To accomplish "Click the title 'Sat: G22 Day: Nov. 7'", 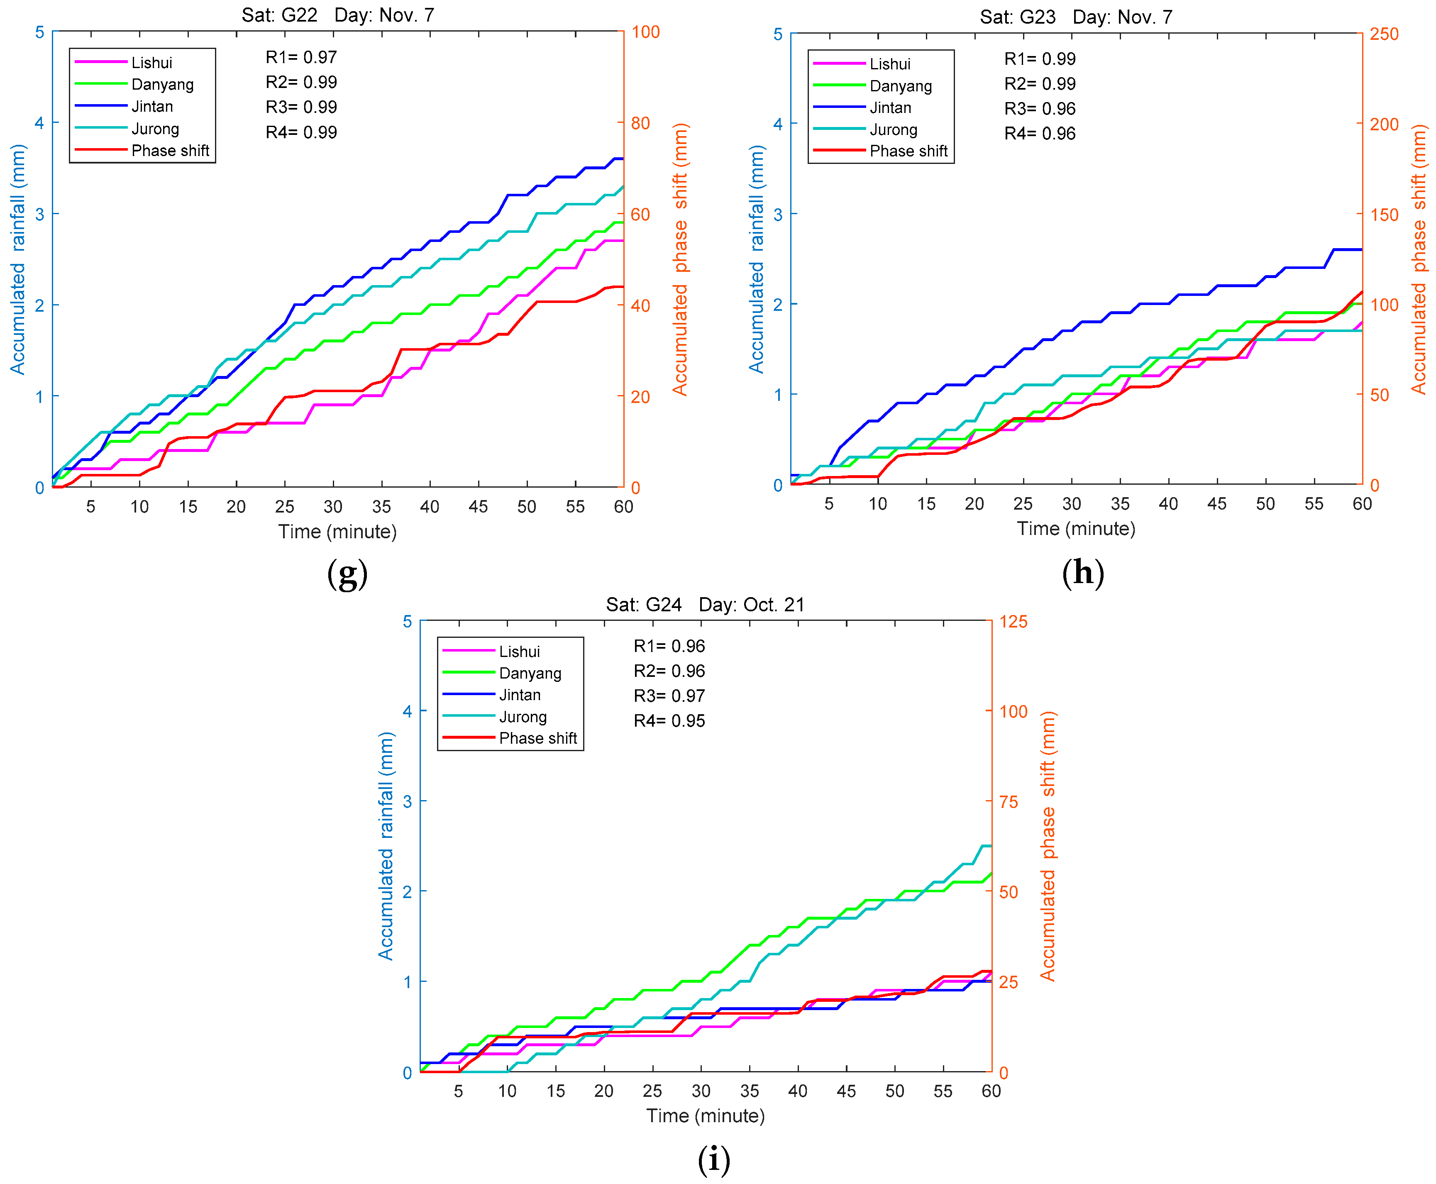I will [x=338, y=15].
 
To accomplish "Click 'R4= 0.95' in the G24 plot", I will [x=669, y=721].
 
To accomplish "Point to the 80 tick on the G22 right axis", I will [x=640, y=123].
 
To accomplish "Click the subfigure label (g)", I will [x=347, y=574].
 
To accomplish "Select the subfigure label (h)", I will [x=1083, y=573].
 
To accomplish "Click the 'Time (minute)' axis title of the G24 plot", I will [x=706, y=1116].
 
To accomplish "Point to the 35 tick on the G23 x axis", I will [x=1119, y=504].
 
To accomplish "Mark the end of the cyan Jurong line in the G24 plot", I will [x=990, y=846].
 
